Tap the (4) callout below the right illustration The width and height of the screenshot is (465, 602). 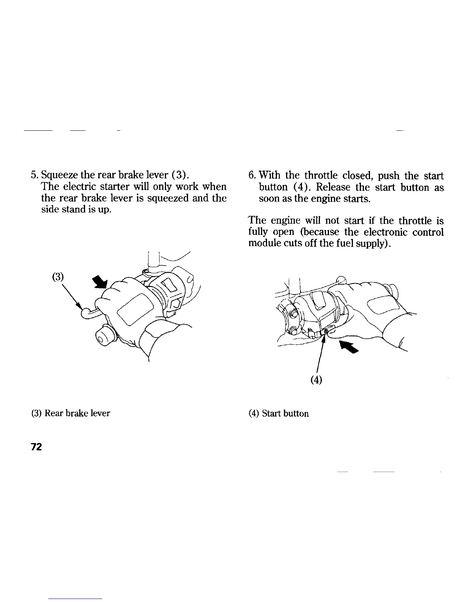(x=316, y=379)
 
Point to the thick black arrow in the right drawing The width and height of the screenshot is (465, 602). (x=350, y=346)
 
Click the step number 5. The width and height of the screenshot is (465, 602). (x=33, y=176)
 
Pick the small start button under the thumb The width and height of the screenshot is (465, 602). (x=326, y=332)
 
